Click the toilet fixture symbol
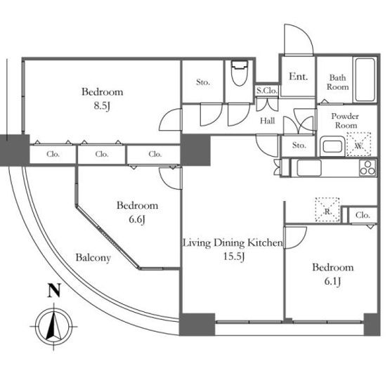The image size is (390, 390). click(240, 72)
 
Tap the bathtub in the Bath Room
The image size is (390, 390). click(365, 79)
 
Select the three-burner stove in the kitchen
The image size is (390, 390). click(368, 168)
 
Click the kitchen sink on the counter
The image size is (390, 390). click(309, 168)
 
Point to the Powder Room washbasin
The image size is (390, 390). click(332, 146)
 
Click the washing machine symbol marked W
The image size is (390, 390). click(358, 145)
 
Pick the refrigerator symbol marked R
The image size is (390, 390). click(327, 209)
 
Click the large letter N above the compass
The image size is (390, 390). click(54, 290)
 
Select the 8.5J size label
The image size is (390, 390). click(102, 106)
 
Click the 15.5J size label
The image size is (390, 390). click(234, 256)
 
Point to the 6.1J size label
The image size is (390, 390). click(332, 281)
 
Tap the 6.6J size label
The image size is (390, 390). click(137, 220)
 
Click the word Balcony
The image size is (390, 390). click(93, 258)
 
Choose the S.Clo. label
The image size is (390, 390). click(267, 91)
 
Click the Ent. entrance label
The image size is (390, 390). click(298, 77)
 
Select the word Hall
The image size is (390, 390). click(268, 121)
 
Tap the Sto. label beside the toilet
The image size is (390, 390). click(203, 82)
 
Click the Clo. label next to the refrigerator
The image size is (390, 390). click(363, 215)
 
